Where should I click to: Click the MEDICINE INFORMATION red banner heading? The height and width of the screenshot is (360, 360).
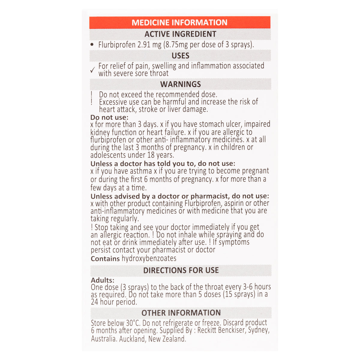point(179,22)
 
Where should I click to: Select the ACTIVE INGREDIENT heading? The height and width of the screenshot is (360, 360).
point(180,34)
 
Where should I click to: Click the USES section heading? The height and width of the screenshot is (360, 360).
point(180,56)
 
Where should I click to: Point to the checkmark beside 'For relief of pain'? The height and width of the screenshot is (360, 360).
point(93,70)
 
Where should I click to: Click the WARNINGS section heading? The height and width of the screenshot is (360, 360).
point(180,84)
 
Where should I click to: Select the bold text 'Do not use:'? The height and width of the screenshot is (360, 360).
point(109,117)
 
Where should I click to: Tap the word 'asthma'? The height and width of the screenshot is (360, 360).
point(141,171)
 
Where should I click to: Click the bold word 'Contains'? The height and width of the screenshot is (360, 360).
point(105,259)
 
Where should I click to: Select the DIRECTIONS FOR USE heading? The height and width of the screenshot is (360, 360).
point(181,270)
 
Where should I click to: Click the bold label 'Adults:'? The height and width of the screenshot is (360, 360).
point(103,280)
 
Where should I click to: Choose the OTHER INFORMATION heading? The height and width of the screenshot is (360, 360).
point(181,313)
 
